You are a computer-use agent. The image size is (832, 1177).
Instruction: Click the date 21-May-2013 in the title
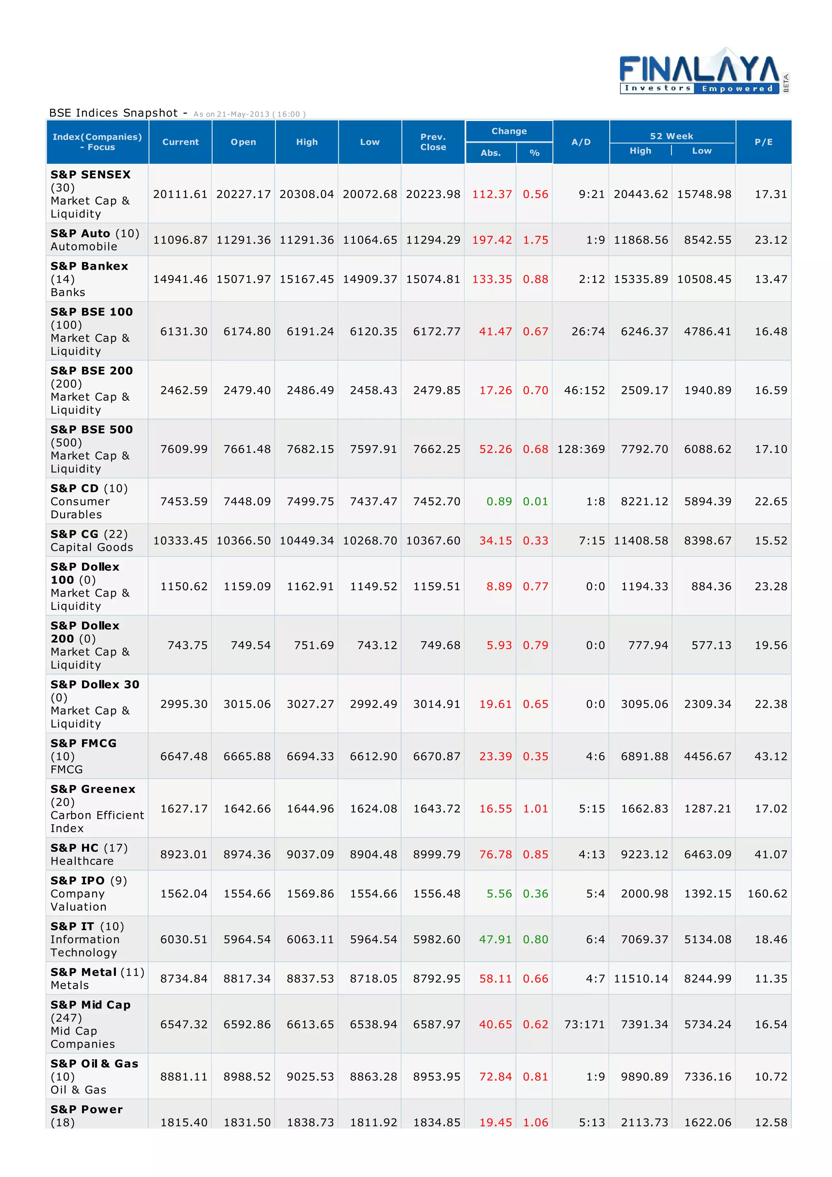pos(243,114)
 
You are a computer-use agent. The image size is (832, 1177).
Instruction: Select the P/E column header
pos(763,142)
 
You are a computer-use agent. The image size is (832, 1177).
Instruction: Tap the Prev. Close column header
pos(433,142)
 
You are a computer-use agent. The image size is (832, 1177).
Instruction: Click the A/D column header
pos(581,142)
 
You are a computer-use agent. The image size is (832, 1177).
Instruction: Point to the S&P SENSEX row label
pos(90,175)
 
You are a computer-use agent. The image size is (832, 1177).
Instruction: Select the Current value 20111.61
pos(180,194)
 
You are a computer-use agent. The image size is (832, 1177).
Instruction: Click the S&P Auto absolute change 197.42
pos(492,240)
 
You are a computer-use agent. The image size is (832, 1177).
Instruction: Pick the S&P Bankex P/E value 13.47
pos(771,279)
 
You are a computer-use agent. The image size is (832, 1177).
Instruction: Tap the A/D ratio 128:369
pos(581,449)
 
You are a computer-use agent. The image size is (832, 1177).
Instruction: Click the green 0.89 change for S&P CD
pos(499,501)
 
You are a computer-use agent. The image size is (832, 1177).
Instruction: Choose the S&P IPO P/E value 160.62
pos(767,894)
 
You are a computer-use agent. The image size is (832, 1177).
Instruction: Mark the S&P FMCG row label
pos(84,743)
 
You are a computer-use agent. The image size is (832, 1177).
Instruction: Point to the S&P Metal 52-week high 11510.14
pos(641,979)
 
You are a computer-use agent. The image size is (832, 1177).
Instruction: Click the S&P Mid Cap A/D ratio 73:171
pos(585,1024)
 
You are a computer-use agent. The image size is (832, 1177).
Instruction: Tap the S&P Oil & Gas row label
pos(94,1064)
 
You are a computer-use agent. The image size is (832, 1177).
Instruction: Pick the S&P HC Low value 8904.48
pos(373,854)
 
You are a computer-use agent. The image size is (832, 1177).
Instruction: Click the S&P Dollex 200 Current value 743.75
pos(187,645)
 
